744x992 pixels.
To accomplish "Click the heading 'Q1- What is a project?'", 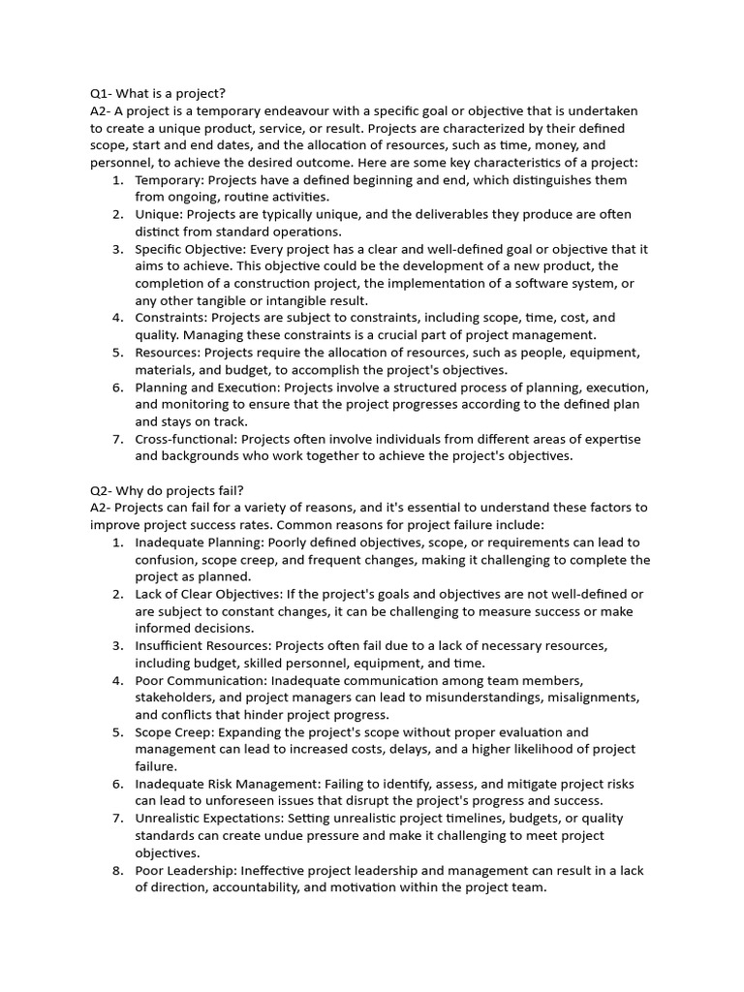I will point(158,94).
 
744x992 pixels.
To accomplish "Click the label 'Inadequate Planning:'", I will point(199,542).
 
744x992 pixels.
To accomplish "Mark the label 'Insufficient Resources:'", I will point(203,645).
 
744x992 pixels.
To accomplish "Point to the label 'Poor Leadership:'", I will point(186,870).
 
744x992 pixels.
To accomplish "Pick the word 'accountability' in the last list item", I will point(240,887).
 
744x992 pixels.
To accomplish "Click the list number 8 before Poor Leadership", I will point(117,870).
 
